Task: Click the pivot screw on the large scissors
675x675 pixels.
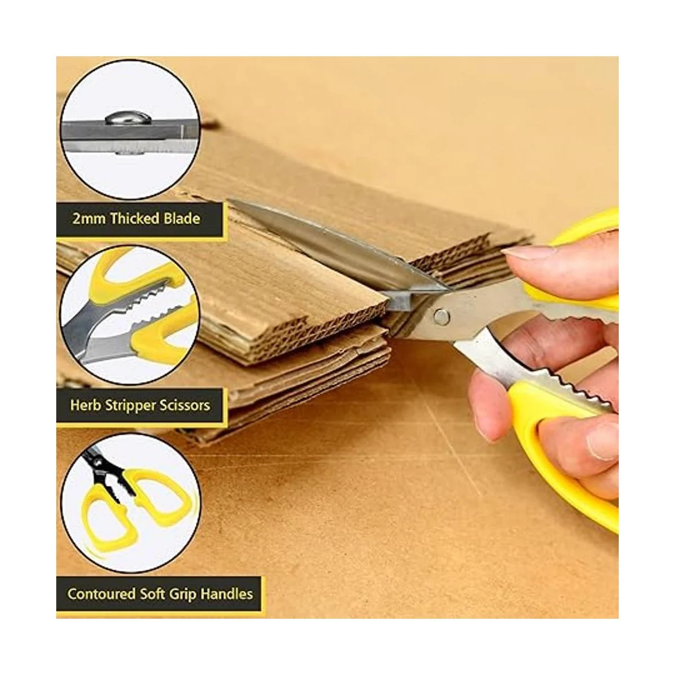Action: pyautogui.click(x=442, y=316)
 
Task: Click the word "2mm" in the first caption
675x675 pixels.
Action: pyautogui.click(x=89, y=219)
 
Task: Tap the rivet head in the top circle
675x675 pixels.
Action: pyautogui.click(x=128, y=118)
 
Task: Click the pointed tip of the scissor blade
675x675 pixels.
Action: pyautogui.click(x=229, y=202)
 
